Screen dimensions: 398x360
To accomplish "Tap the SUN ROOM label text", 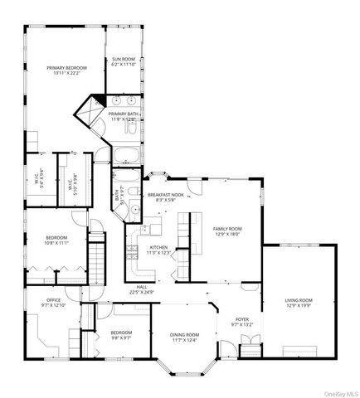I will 124,60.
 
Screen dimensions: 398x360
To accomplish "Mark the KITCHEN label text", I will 159,248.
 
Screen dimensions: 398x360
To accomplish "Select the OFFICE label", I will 36,301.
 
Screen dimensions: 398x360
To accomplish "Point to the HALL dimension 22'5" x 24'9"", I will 142,292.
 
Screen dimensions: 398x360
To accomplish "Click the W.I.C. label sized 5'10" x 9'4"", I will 72,182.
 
